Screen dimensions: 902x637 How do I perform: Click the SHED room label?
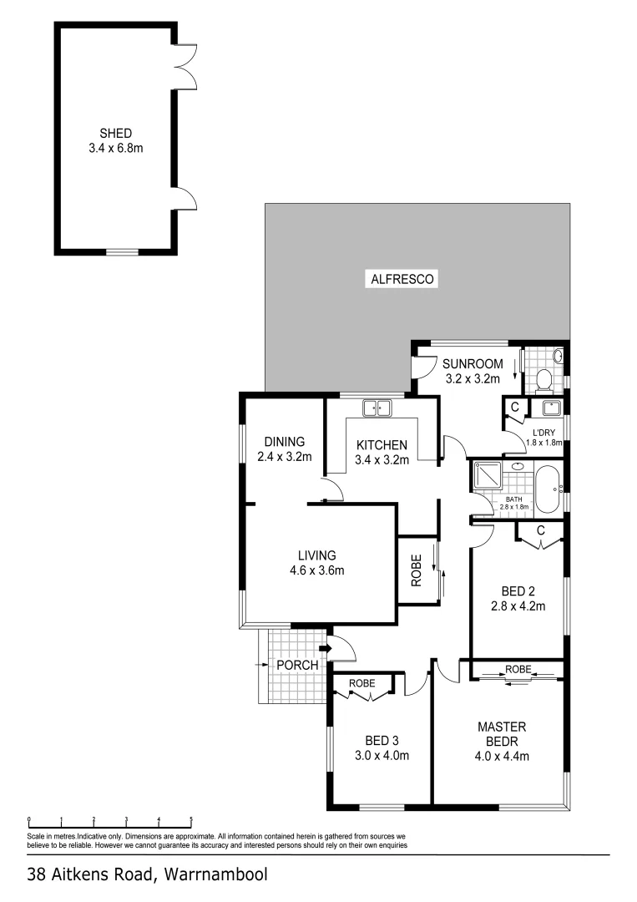click(x=116, y=133)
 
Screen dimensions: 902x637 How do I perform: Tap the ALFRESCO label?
click(x=402, y=280)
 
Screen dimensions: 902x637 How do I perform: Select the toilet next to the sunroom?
click(x=543, y=380)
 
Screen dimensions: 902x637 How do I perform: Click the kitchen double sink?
click(x=376, y=408)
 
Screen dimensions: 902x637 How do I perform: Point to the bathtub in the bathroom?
click(x=548, y=489)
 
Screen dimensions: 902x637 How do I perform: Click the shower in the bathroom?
click(x=487, y=477)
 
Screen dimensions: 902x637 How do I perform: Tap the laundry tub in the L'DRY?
click(x=553, y=408)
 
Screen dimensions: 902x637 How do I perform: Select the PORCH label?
click(x=298, y=665)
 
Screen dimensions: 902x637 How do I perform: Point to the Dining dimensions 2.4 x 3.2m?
click(x=284, y=457)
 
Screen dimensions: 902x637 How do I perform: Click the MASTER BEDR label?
click(x=502, y=734)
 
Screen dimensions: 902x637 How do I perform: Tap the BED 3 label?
click(x=382, y=740)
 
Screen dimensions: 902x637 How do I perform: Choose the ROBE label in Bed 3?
click(x=362, y=683)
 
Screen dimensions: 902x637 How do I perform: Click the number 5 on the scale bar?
click(x=191, y=819)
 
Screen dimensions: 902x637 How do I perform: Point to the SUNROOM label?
click(x=473, y=363)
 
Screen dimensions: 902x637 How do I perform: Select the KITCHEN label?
click(x=382, y=444)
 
